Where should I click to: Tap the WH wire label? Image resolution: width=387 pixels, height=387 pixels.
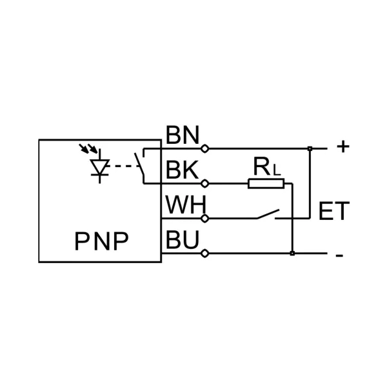[184, 205]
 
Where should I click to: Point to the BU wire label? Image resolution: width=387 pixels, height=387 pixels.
[182, 240]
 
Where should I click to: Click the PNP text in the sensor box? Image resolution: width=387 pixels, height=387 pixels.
[101, 241]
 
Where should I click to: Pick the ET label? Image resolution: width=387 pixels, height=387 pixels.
[333, 211]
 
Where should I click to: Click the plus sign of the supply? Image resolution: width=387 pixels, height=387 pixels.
[342, 147]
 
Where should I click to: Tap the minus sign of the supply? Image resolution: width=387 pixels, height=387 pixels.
[339, 255]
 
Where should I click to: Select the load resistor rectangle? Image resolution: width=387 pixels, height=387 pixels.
[266, 184]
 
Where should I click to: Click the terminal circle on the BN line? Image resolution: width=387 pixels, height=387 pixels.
[205, 148]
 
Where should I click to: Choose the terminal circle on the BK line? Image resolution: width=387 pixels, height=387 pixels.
[205, 184]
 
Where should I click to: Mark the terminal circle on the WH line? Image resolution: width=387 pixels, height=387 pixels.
[205, 219]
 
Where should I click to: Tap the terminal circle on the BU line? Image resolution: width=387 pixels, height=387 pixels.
[205, 253]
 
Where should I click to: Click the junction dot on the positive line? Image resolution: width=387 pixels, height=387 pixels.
[310, 149]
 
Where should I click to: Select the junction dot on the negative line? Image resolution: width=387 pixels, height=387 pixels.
[292, 253]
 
